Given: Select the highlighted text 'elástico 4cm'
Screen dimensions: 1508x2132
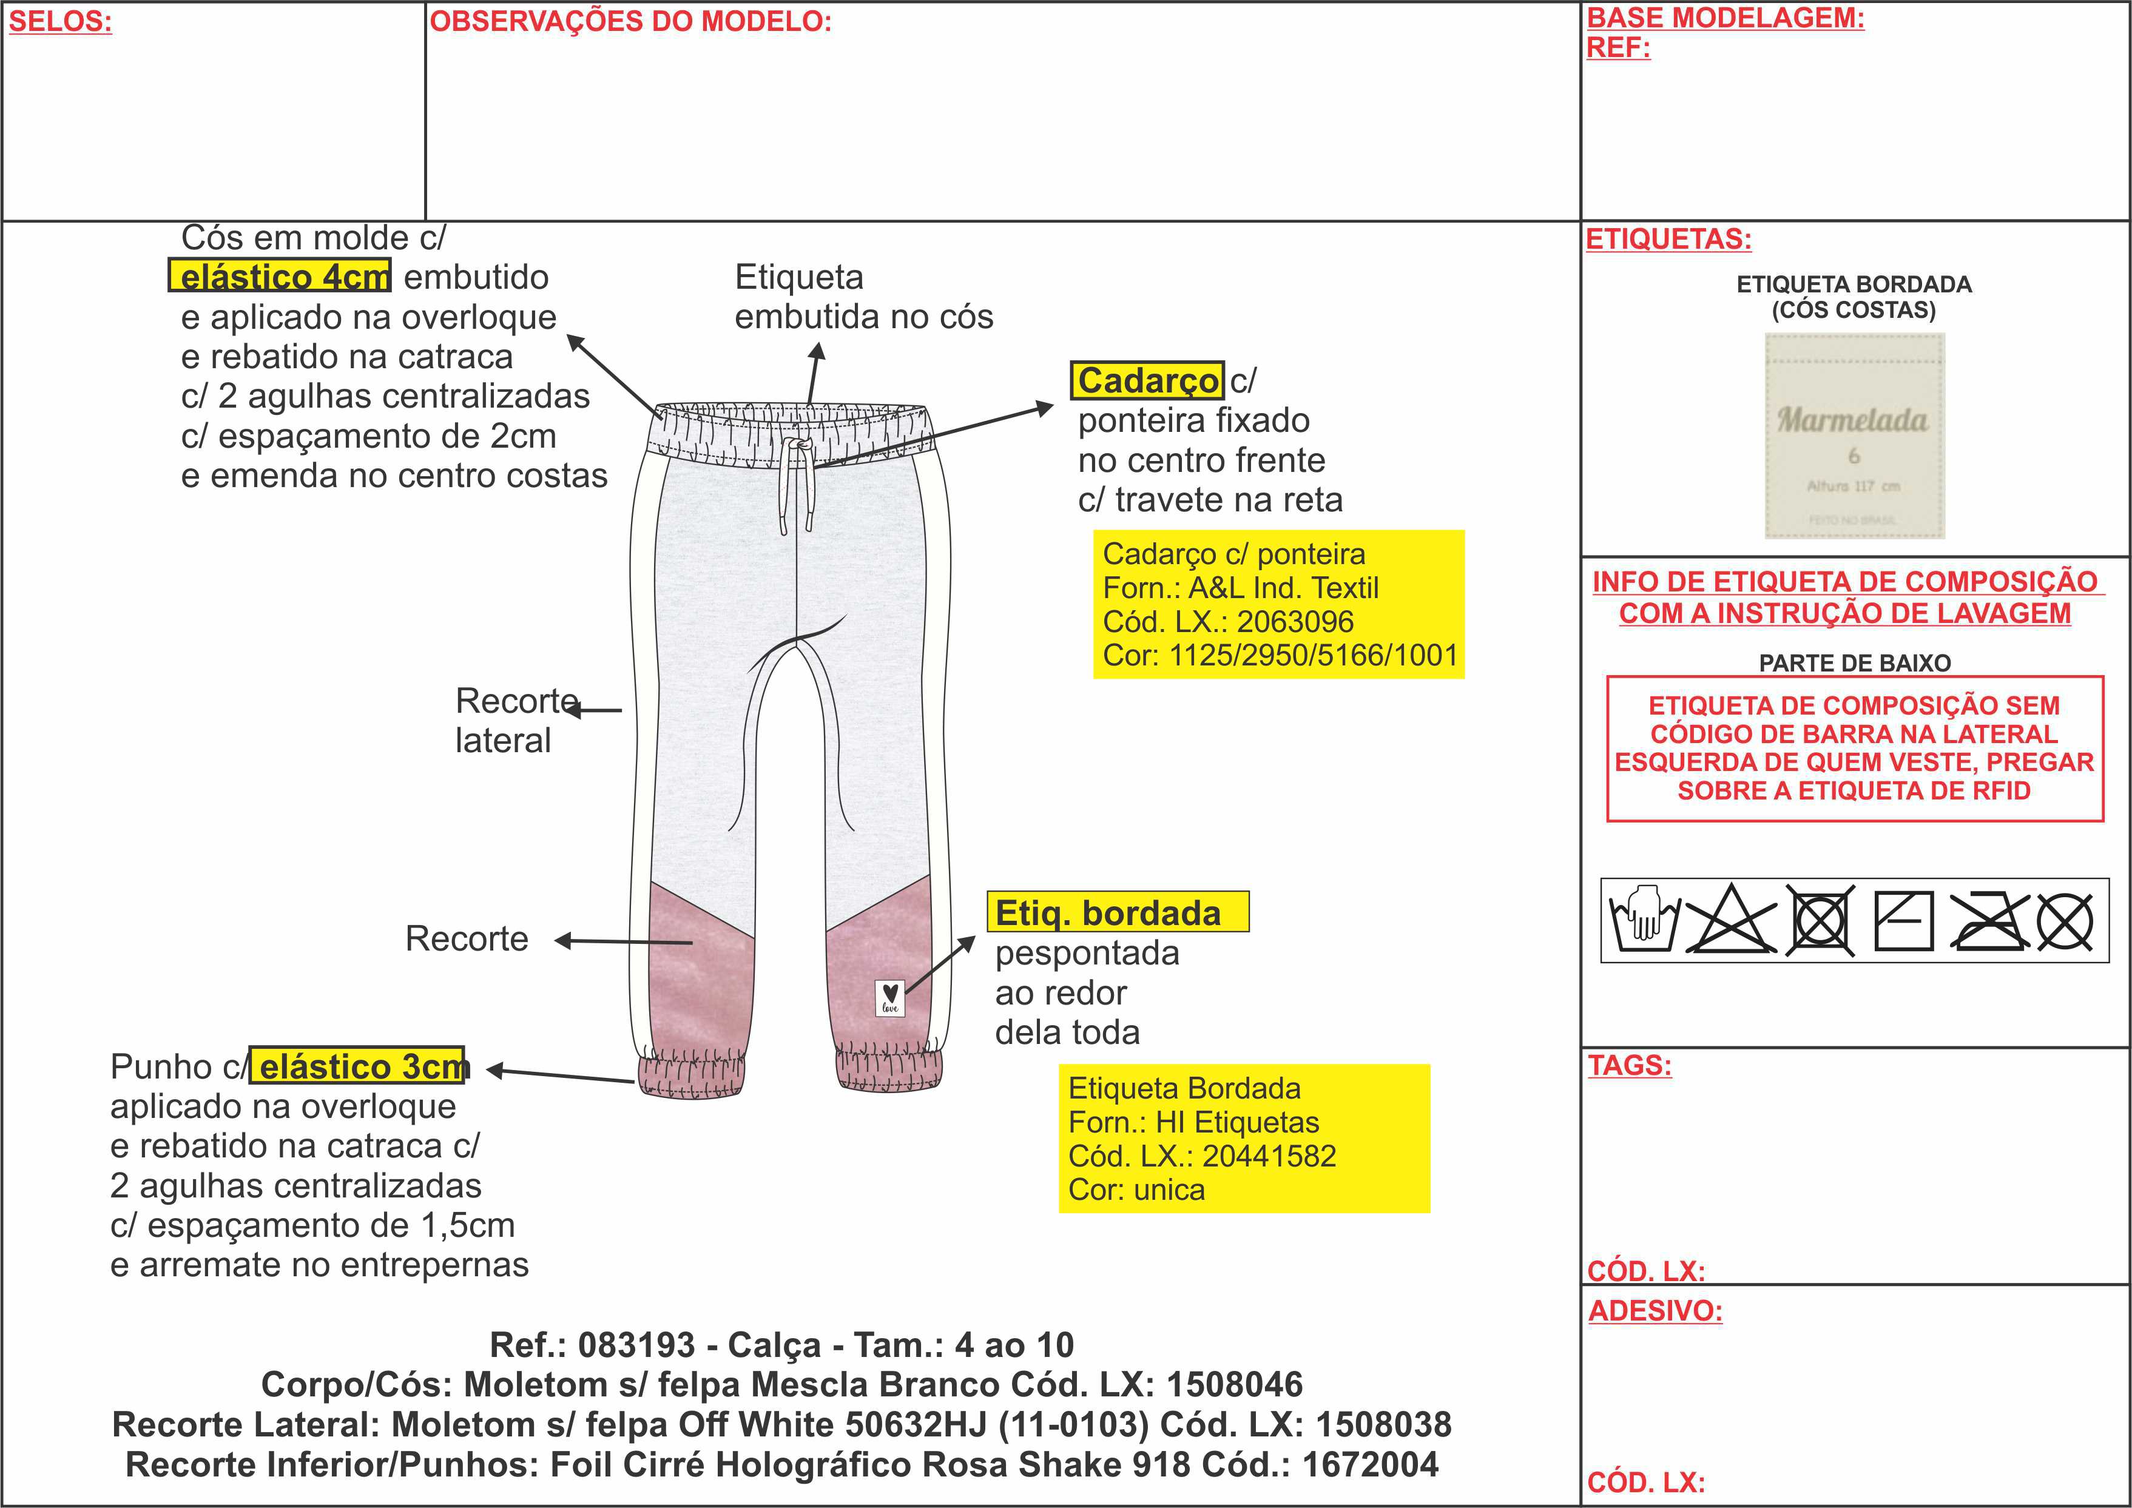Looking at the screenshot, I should coord(280,276).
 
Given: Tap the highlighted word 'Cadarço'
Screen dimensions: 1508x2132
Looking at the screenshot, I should coord(1147,380).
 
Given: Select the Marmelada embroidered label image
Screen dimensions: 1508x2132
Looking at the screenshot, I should coord(1854,436).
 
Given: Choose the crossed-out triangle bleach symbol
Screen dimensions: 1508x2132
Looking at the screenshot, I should coord(1731,920).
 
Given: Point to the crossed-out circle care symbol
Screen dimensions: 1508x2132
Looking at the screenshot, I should coord(2065,922).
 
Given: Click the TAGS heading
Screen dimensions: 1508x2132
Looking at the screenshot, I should coord(1628,1065).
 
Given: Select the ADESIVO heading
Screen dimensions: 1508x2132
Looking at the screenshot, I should coord(1655,1310).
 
